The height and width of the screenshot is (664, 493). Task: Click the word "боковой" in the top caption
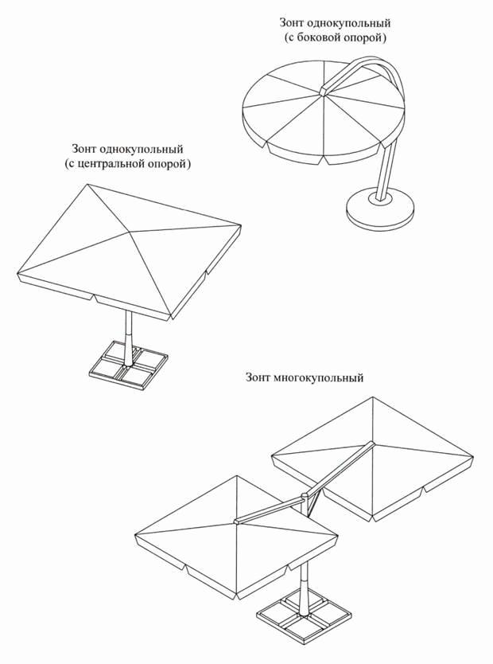pyautogui.click(x=316, y=38)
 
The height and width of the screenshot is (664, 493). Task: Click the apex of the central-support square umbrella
pyautogui.click(x=129, y=232)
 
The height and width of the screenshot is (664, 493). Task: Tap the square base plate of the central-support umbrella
pyautogui.click(x=129, y=364)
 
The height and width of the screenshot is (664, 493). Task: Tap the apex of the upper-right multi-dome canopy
pyautogui.click(x=372, y=443)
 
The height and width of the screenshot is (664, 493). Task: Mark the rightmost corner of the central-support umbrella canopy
pyautogui.click(x=242, y=225)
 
